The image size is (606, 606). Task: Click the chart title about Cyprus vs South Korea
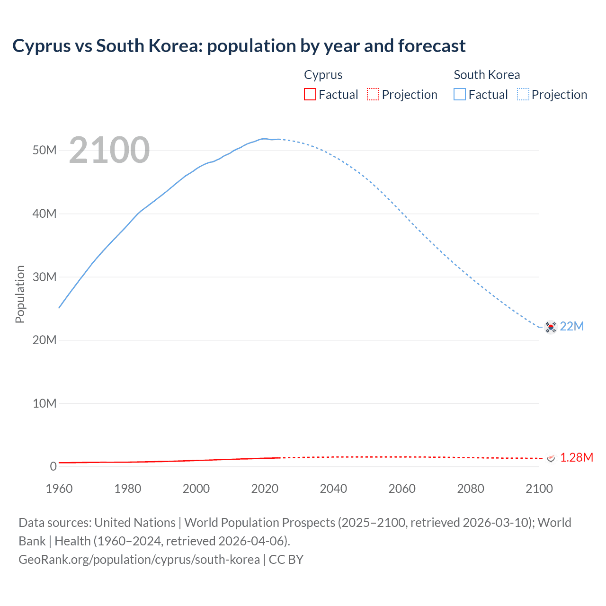click(x=239, y=46)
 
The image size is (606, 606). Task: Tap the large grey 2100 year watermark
click(x=109, y=150)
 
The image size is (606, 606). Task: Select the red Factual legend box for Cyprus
click(x=310, y=94)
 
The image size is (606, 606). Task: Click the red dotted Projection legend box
click(x=373, y=94)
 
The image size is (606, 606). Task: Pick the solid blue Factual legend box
click(x=460, y=94)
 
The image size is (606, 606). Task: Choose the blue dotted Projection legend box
click(x=523, y=94)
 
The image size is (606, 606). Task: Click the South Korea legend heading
click(x=487, y=75)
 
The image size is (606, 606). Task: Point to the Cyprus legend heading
click(x=323, y=75)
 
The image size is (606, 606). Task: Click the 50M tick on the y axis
click(x=45, y=151)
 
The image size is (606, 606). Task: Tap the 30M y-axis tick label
click(x=45, y=277)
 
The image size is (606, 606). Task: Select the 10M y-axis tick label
click(x=45, y=403)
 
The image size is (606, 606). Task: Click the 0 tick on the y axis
click(x=53, y=466)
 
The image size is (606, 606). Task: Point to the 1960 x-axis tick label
click(x=59, y=489)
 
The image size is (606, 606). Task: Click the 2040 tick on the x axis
click(x=333, y=489)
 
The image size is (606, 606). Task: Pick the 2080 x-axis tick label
click(x=471, y=489)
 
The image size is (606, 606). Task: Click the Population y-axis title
click(x=20, y=294)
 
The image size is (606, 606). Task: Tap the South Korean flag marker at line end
click(x=551, y=327)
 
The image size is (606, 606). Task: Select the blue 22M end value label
click(x=572, y=326)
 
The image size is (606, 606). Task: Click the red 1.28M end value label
click(x=576, y=457)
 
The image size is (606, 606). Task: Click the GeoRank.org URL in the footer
click(x=139, y=560)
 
